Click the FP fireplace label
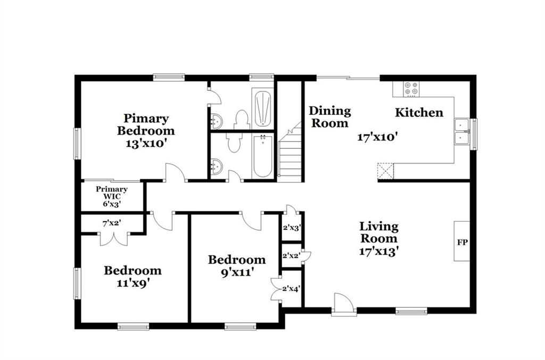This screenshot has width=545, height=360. (463, 242)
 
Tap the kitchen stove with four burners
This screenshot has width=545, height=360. (411, 89)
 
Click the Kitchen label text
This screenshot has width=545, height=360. (419, 113)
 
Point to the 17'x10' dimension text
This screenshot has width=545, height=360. (377, 137)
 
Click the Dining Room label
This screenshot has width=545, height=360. (330, 117)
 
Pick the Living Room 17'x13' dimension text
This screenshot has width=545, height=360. (378, 251)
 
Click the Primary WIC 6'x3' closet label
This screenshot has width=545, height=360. (112, 197)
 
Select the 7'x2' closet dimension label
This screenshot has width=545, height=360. (112, 223)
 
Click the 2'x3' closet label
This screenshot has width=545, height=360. (291, 228)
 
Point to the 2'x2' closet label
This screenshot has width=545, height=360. (291, 256)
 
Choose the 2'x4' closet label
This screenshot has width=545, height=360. (291, 288)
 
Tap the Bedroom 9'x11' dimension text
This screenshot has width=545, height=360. (237, 272)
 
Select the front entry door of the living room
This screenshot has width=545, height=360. (344, 305)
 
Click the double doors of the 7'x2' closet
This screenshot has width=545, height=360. (114, 239)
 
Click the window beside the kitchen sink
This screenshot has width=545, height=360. (473, 135)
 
